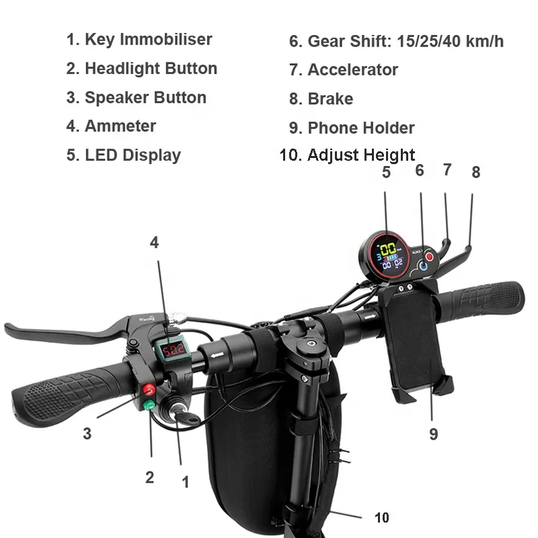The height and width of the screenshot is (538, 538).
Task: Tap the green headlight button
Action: pyautogui.click(x=149, y=405)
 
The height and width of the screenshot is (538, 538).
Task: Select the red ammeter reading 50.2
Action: pyautogui.click(x=167, y=350)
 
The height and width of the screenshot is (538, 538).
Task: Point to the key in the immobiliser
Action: pyautogui.click(x=186, y=418)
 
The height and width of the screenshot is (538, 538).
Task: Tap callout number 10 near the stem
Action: pyautogui.click(x=381, y=517)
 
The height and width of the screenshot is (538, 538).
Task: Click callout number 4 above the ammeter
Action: pyautogui.click(x=155, y=242)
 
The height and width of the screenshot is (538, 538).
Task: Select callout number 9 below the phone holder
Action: pyautogui.click(x=433, y=434)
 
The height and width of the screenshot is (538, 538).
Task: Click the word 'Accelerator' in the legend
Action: pyautogui.click(x=352, y=69)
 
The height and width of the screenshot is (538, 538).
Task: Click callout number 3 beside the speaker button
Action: pyautogui.click(x=87, y=434)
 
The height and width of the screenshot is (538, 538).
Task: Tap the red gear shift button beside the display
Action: pyautogui.click(x=430, y=256)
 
